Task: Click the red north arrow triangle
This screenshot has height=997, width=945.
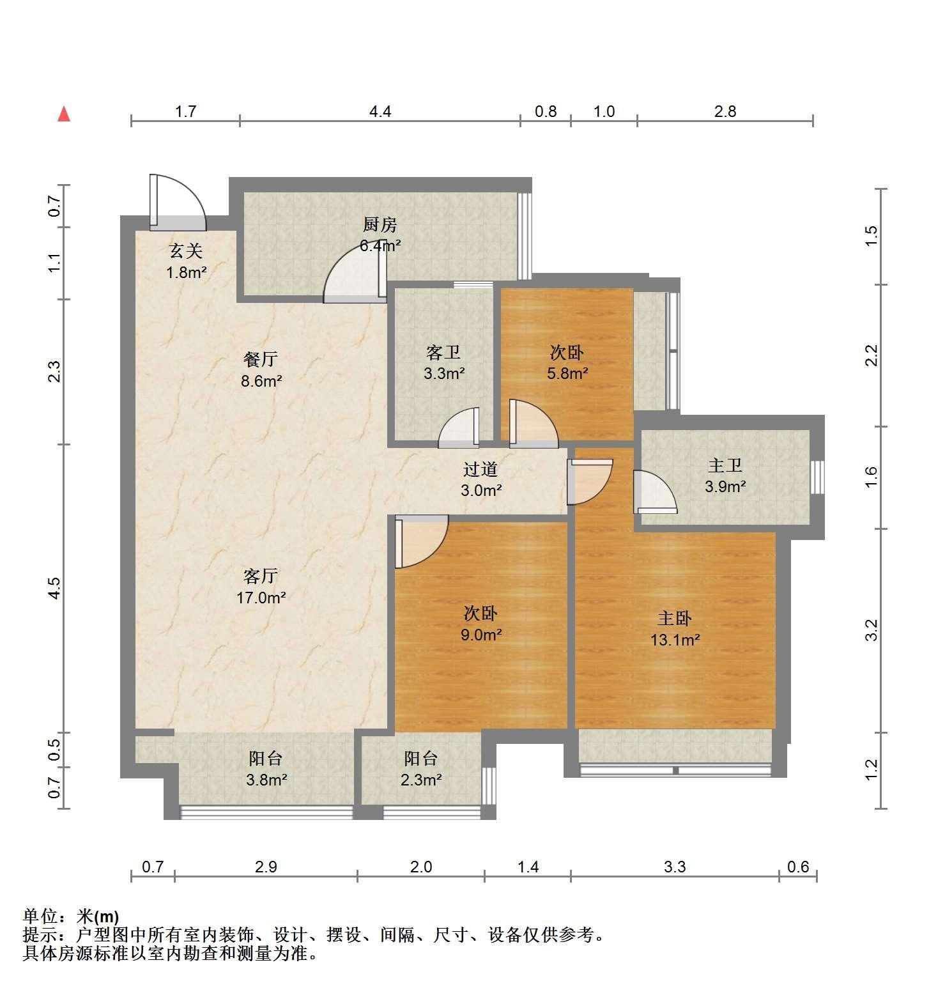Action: pos(64,114)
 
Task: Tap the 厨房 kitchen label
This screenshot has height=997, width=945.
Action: pos(380,224)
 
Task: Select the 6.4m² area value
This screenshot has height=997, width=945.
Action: pos(380,245)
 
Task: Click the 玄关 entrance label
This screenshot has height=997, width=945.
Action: pos(185,251)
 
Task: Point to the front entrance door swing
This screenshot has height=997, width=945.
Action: pos(178,201)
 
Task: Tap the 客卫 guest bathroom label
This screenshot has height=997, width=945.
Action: pos(443,352)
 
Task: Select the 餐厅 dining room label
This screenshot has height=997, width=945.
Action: pos(261,359)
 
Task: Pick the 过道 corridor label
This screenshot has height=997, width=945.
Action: pos(480,469)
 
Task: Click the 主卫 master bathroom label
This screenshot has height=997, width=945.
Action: pos(725,465)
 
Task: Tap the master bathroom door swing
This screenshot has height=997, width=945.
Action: pos(655,491)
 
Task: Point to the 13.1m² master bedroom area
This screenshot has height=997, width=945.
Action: pos(675,639)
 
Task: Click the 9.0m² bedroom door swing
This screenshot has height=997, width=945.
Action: pos(422,542)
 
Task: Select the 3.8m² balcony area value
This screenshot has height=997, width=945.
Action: pos(266,780)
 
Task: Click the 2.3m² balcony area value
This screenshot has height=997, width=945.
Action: pos(422,780)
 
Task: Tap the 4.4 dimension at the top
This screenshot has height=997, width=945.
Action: pos(380,112)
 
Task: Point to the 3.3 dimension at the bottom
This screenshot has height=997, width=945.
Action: pos(675,867)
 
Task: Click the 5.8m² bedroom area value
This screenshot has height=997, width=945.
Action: pos(567,373)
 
